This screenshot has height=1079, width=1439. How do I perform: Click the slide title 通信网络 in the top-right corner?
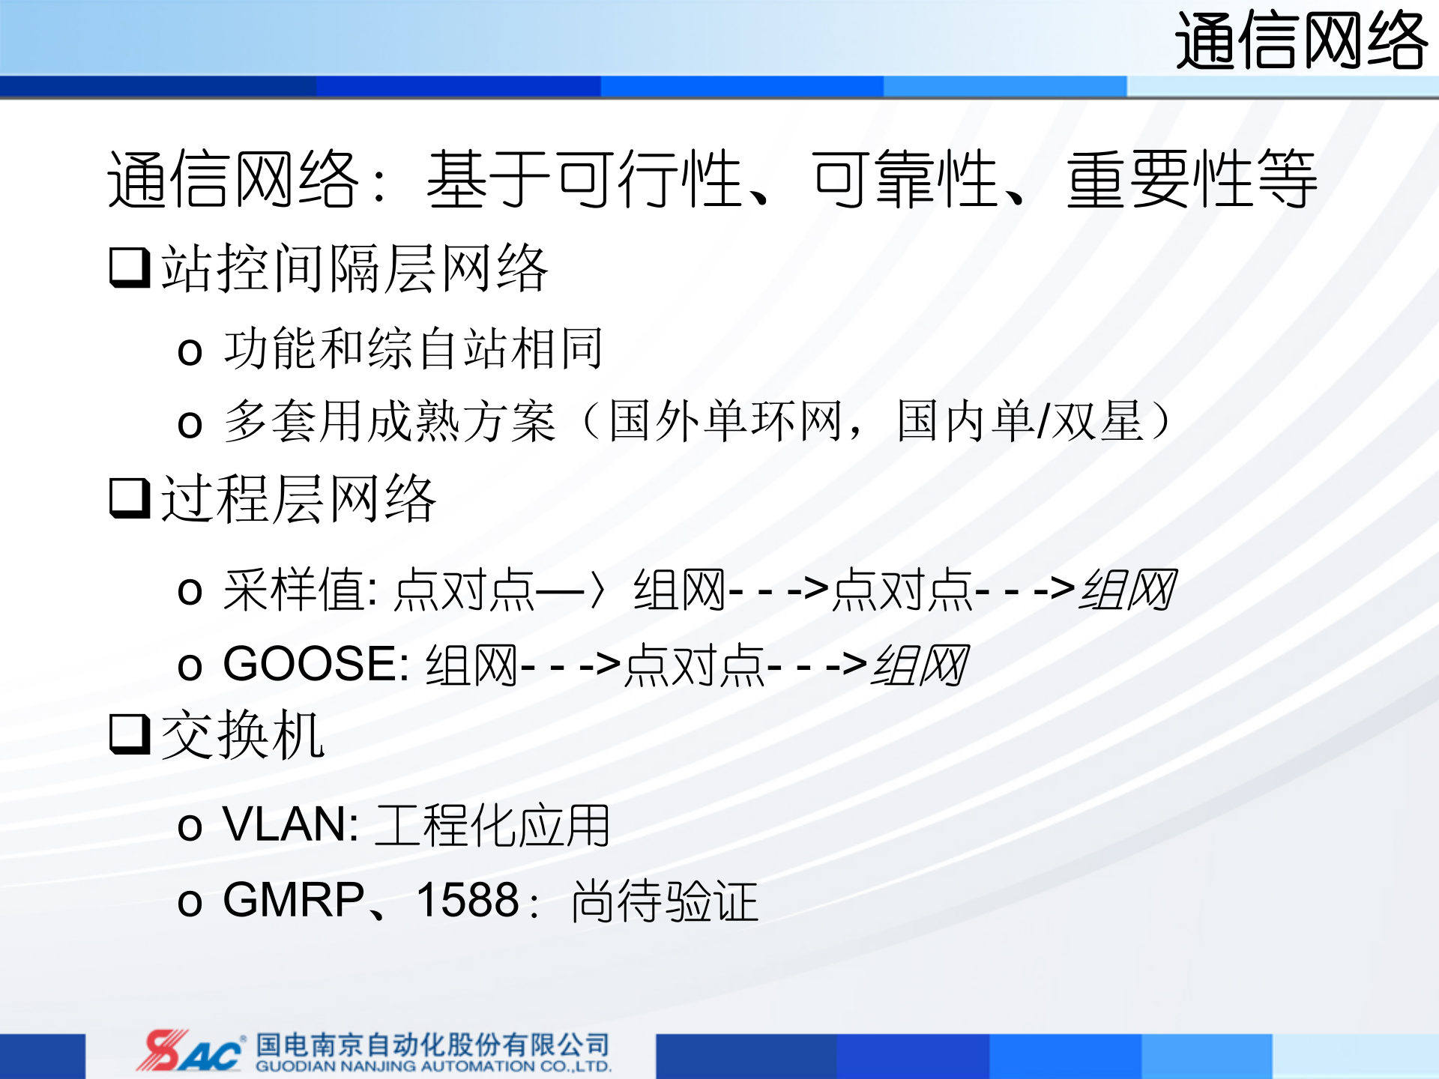click(1300, 41)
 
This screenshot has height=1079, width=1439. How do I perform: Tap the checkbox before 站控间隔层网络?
click(130, 268)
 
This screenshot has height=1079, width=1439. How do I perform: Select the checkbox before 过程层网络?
click(130, 498)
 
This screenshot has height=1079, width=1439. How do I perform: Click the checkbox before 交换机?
click(130, 734)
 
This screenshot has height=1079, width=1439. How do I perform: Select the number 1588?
click(468, 900)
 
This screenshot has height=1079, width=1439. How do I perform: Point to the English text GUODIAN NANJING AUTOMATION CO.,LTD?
click(433, 1066)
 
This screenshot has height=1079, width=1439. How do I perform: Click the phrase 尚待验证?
click(665, 901)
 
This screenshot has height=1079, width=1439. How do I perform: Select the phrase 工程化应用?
click(493, 826)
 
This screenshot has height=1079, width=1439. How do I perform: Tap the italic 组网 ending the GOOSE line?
click(920, 665)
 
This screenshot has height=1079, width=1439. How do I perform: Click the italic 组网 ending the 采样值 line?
click(1127, 590)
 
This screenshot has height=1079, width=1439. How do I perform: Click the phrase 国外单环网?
click(725, 422)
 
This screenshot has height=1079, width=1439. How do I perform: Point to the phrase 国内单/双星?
click(1020, 422)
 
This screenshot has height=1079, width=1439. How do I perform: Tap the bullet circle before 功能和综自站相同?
click(190, 351)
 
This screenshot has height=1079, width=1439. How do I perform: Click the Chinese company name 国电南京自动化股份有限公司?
click(432, 1045)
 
